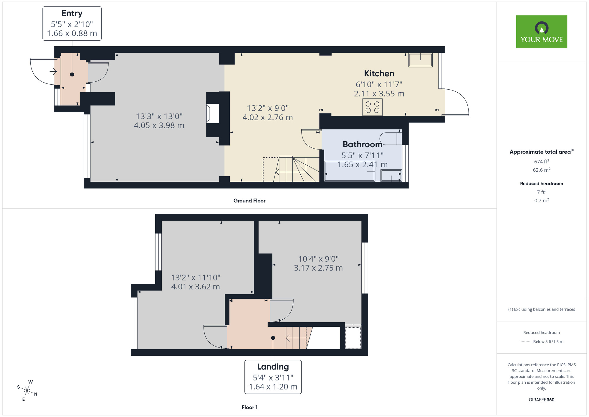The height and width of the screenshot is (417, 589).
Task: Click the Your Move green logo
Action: (x=541, y=32)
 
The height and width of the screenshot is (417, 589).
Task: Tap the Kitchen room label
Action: (x=379, y=73)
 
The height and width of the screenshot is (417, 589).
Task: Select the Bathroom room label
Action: (x=362, y=144)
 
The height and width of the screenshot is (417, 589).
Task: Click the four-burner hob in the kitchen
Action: (x=372, y=107)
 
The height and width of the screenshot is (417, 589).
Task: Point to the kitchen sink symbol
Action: (x=420, y=60)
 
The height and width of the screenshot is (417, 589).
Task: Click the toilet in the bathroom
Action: (x=390, y=139)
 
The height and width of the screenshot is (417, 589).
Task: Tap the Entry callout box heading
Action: (x=72, y=13)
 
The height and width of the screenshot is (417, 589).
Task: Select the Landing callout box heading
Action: (x=273, y=367)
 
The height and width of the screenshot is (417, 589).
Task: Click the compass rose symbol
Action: (x=27, y=391)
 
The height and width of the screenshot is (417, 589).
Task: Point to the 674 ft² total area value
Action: (x=541, y=162)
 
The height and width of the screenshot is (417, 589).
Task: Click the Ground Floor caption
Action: (x=249, y=201)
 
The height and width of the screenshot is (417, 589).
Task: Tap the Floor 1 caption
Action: (x=249, y=407)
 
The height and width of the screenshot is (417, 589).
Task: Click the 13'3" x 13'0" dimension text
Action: (x=159, y=116)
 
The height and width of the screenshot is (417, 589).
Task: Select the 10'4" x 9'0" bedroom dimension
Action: (x=318, y=259)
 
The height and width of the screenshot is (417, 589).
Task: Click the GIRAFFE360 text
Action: (x=541, y=400)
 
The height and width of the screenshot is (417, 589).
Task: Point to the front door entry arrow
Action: (x=53, y=71)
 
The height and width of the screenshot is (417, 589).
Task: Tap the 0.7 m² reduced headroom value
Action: (x=541, y=201)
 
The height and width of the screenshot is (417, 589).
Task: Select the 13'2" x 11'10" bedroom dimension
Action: (x=196, y=278)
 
